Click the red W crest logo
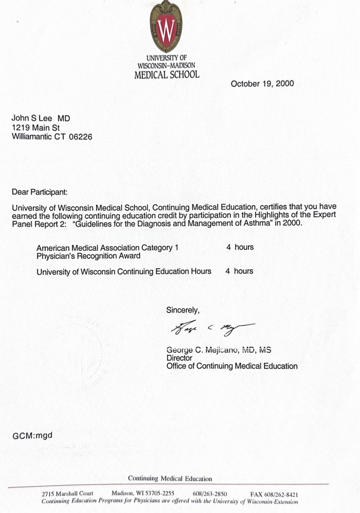click(x=165, y=27)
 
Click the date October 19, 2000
click(x=262, y=83)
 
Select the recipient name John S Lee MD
click(x=41, y=118)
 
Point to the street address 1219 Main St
click(x=35, y=128)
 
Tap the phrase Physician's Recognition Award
click(x=89, y=256)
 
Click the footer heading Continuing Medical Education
click(x=170, y=478)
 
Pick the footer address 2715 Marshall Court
click(x=67, y=494)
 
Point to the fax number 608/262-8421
click(x=282, y=494)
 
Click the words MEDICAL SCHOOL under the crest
click(x=166, y=74)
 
